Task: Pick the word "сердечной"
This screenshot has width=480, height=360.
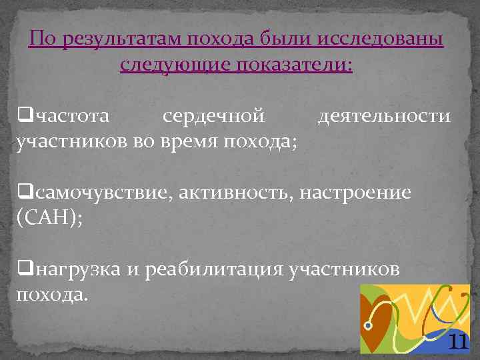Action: [214, 117]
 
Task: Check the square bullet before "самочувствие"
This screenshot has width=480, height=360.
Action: [25, 193]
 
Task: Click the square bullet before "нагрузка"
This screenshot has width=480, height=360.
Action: [25, 269]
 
